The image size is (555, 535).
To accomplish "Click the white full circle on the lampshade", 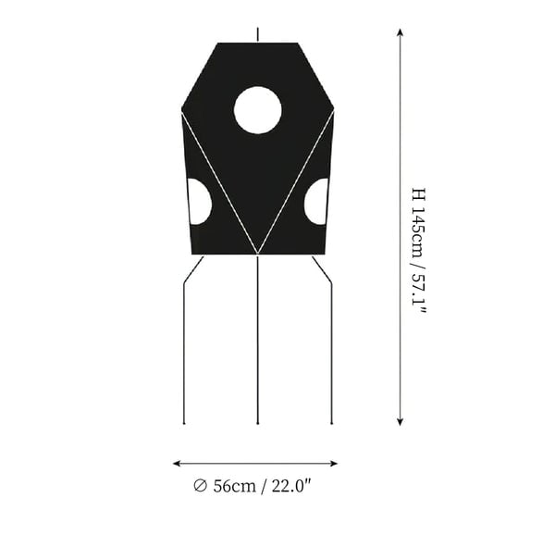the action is tap(258, 110).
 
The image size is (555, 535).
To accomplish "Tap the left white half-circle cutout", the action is tap(199, 202).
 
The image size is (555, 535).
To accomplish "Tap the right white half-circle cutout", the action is tap(316, 202).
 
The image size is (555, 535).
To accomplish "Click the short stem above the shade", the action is tap(258, 34).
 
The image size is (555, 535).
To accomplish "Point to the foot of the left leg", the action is tap(184, 423).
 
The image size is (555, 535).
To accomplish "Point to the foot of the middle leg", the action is tap(258, 423).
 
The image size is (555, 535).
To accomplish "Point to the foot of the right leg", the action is tap(332, 423).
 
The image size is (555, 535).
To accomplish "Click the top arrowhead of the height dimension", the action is tap(400, 31).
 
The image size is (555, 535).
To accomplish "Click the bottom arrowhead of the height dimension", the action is tap(400, 421).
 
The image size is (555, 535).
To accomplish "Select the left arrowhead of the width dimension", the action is tap(177, 464).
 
